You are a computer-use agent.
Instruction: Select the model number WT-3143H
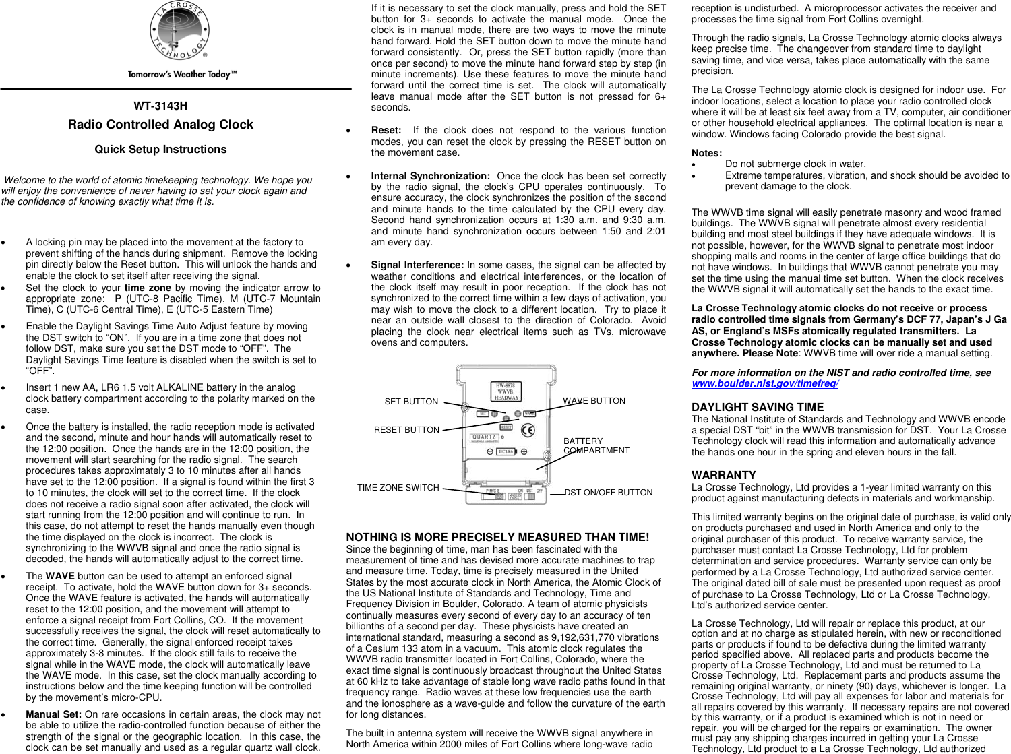(160, 106)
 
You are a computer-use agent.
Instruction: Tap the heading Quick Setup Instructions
(160, 150)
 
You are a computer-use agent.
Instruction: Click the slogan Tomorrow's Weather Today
(182, 75)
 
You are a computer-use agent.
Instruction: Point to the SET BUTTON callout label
(411, 402)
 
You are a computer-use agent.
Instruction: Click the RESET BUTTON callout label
(406, 430)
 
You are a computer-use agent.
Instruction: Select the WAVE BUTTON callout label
(594, 401)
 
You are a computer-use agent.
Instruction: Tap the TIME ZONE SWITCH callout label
(398, 488)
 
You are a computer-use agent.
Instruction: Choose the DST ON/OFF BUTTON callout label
(608, 493)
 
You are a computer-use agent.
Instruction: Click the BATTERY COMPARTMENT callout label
(596, 446)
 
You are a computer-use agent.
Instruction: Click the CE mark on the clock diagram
(528, 430)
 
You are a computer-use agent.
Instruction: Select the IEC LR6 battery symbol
(506, 452)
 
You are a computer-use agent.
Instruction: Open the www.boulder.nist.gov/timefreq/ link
(765, 384)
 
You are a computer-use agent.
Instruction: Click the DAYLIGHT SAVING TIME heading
(758, 407)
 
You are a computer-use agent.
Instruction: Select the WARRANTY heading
(723, 475)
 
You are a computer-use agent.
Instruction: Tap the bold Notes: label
(706, 153)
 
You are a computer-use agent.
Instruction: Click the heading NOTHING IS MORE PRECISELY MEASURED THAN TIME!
(497, 537)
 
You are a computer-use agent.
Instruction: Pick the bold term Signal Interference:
(417, 265)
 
